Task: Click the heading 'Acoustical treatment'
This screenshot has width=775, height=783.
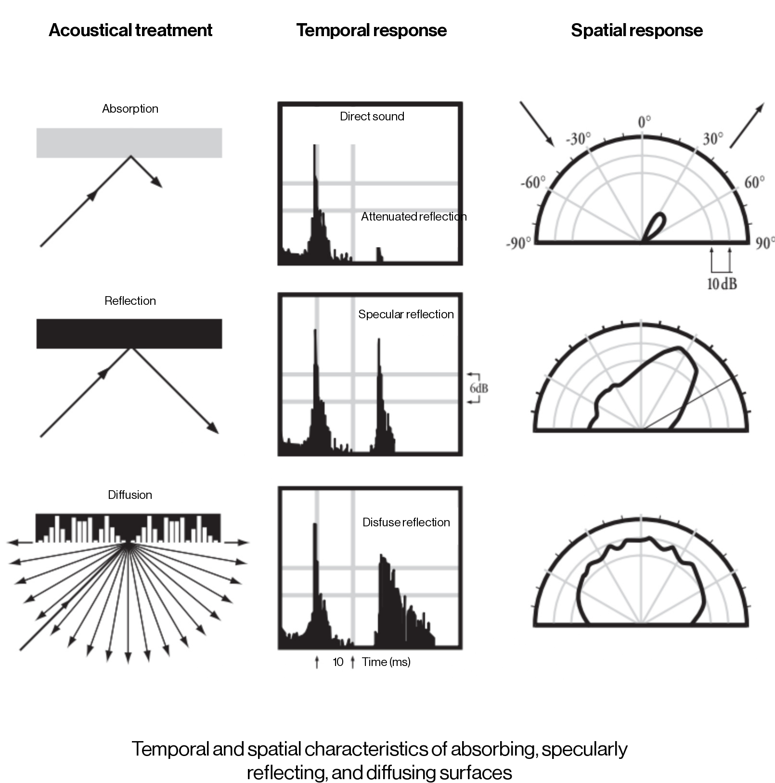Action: click(x=130, y=30)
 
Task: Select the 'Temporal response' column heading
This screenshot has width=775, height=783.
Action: click(x=371, y=30)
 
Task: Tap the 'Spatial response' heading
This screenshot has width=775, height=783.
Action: click(x=636, y=30)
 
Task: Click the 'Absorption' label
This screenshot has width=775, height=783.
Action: click(x=130, y=109)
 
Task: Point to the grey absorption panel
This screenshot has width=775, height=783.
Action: click(x=129, y=143)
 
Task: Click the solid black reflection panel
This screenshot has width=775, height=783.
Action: click(x=129, y=333)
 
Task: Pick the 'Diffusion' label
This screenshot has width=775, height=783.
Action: click(x=130, y=495)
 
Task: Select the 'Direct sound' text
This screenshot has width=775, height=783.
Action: click(x=372, y=117)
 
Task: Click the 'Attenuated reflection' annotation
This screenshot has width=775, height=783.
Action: click(x=413, y=217)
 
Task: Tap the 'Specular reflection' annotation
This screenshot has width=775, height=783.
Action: click(x=406, y=314)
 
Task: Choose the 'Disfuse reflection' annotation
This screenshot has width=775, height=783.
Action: click(x=406, y=522)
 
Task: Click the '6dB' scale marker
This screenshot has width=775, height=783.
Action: click(x=478, y=388)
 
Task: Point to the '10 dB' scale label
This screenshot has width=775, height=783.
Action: click(x=722, y=284)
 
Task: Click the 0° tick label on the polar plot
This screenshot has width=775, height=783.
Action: click(x=644, y=122)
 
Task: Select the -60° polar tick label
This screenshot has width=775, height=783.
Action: click(x=533, y=183)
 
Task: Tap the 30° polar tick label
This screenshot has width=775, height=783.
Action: click(x=712, y=139)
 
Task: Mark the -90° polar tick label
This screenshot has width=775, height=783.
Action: click(x=518, y=243)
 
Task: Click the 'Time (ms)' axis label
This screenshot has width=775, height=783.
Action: click(x=386, y=662)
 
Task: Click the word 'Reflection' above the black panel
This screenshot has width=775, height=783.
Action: click(x=130, y=301)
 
